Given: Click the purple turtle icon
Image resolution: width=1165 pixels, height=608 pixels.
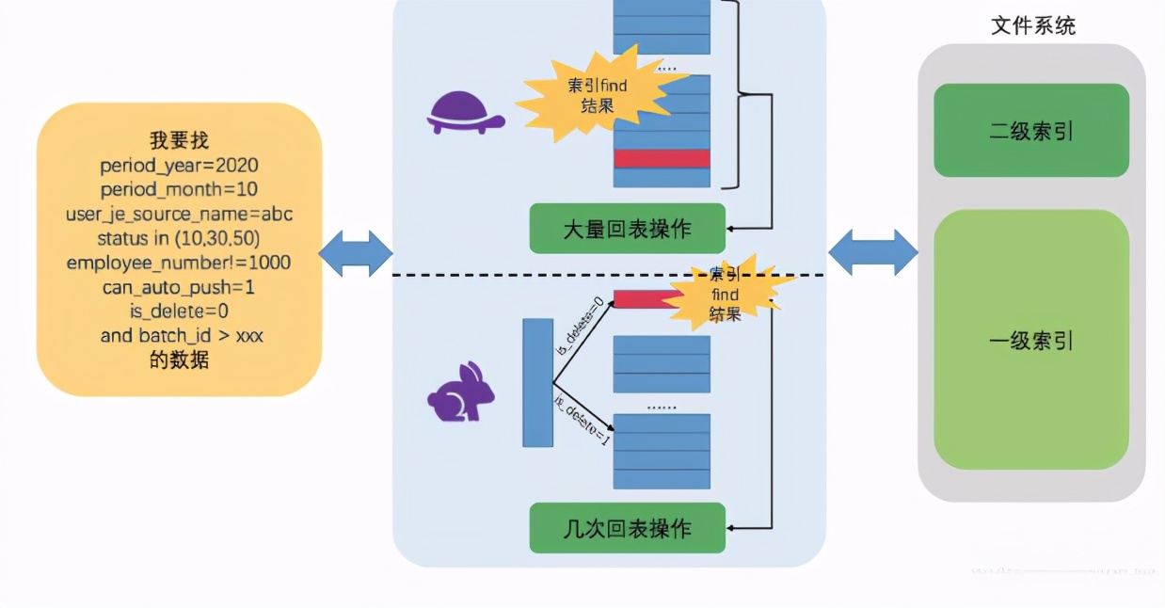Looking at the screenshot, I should pyautogui.click(x=465, y=113).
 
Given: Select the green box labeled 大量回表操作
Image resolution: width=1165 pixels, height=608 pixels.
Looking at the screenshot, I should pyautogui.click(x=627, y=229).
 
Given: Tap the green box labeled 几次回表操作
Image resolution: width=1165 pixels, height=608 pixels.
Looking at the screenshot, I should pyautogui.click(x=627, y=528).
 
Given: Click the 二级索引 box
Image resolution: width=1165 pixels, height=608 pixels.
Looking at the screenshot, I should pyautogui.click(x=1031, y=131).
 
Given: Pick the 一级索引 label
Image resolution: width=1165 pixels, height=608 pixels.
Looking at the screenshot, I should pyautogui.click(x=1031, y=341).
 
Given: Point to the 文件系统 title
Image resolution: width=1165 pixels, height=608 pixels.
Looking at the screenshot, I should pyautogui.click(x=1032, y=25).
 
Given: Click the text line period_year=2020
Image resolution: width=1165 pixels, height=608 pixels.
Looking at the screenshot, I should pyautogui.click(x=179, y=166).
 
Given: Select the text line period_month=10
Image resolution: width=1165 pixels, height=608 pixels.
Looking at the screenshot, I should pyautogui.click(x=179, y=189).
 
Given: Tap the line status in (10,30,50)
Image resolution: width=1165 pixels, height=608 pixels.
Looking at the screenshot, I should pyautogui.click(x=179, y=237).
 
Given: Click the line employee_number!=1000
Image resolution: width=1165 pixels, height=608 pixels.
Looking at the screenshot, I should pyautogui.click(x=179, y=262).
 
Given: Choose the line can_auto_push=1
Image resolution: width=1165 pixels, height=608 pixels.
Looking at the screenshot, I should pyautogui.click(x=179, y=286).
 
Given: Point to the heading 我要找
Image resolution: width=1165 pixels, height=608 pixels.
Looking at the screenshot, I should pyautogui.click(x=179, y=141).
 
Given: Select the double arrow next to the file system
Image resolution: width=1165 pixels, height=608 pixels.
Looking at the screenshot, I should pyautogui.click(x=872, y=253).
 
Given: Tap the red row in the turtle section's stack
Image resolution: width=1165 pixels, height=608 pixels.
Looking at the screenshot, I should pyautogui.click(x=662, y=158).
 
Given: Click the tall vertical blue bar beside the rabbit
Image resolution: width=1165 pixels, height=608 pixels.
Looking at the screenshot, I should pyautogui.click(x=537, y=382).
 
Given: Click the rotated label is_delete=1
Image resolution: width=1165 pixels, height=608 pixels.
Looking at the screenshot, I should pyautogui.click(x=582, y=421).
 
